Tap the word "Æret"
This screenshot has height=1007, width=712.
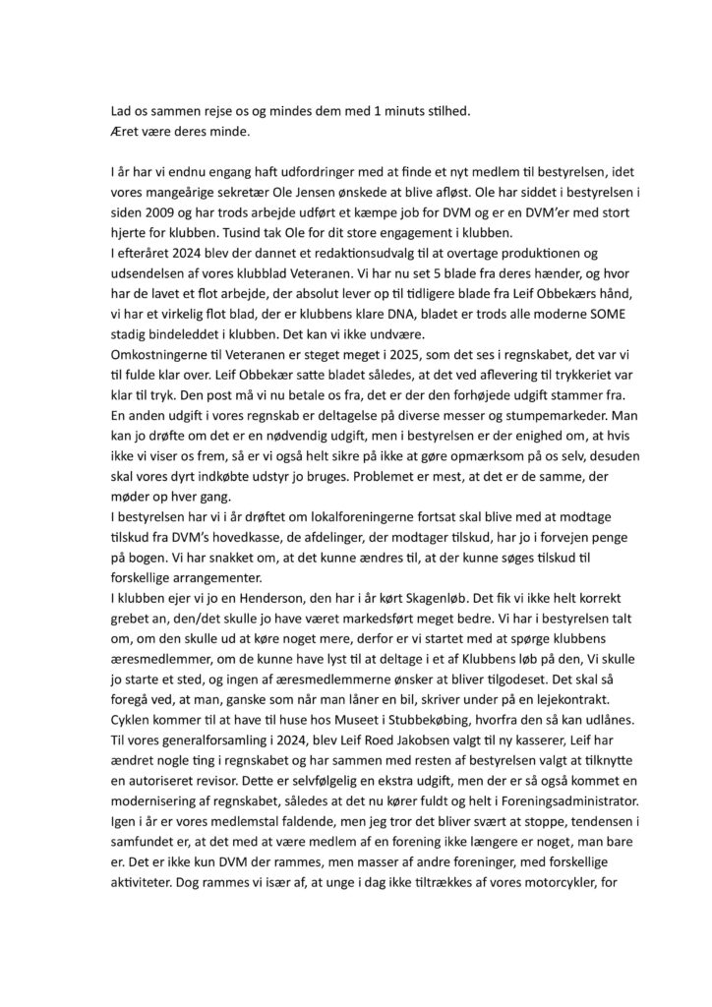coord(125,130)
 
